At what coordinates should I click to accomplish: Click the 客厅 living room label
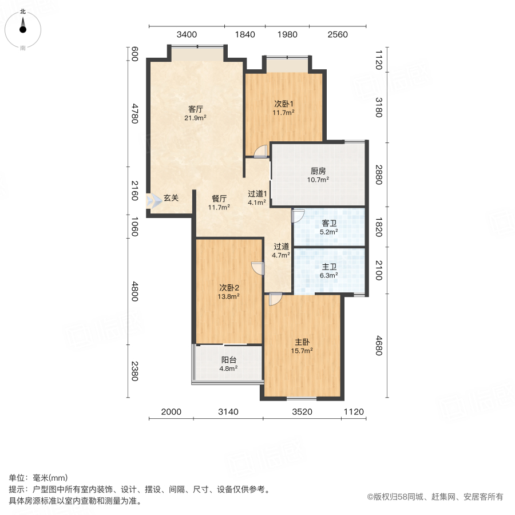[196, 109]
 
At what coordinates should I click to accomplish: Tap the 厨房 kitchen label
[318, 171]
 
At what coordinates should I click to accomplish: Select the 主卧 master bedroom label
[302, 342]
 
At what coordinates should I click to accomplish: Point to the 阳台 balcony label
[228, 360]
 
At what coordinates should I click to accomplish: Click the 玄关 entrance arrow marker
[154, 201]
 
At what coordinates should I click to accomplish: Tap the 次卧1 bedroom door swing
[261, 152]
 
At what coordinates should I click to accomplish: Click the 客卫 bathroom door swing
[298, 216]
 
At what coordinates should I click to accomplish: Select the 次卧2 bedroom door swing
[258, 268]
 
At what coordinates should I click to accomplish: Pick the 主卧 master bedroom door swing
[276, 299]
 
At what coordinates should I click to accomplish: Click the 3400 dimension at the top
[187, 34]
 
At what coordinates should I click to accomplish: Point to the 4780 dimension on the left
[134, 114]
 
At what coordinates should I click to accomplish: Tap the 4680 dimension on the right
[379, 346]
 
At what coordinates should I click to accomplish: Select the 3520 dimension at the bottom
[302, 411]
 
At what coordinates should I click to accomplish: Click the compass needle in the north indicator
[23, 25]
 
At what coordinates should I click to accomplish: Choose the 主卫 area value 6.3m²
[329, 275]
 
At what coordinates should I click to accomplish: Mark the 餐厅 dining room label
[219, 199]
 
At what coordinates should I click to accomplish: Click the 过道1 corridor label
[257, 194]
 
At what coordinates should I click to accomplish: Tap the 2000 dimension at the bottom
[171, 411]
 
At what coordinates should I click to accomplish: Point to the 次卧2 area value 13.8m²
[228, 296]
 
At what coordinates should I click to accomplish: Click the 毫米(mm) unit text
[50, 478]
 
